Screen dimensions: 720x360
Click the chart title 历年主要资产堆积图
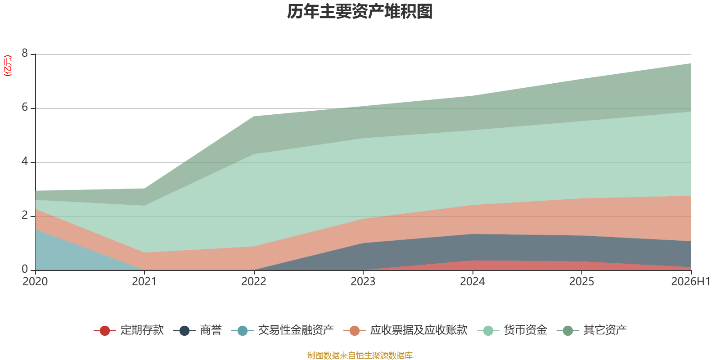point(360,12)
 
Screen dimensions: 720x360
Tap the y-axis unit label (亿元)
point(7,66)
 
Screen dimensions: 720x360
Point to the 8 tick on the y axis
point(25,53)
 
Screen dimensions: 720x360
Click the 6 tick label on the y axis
point(25,107)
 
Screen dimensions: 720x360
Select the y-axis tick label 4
point(25,161)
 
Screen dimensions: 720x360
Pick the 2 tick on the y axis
point(25,215)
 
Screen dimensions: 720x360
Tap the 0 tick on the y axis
point(25,269)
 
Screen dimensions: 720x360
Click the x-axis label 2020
point(36,282)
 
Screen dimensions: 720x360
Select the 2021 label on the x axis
point(144,282)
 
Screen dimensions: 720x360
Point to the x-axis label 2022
point(254,282)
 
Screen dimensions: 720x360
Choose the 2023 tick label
point(363,282)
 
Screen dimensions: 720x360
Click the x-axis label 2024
point(472,282)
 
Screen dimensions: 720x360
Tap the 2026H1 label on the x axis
point(690,282)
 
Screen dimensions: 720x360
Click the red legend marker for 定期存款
point(105,330)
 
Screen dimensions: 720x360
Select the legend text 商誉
point(211,330)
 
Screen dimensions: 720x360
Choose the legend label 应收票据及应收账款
point(419,330)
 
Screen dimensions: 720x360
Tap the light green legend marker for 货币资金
point(488,330)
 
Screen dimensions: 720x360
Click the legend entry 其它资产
point(592,330)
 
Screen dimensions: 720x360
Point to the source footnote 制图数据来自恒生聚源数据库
point(360,355)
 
